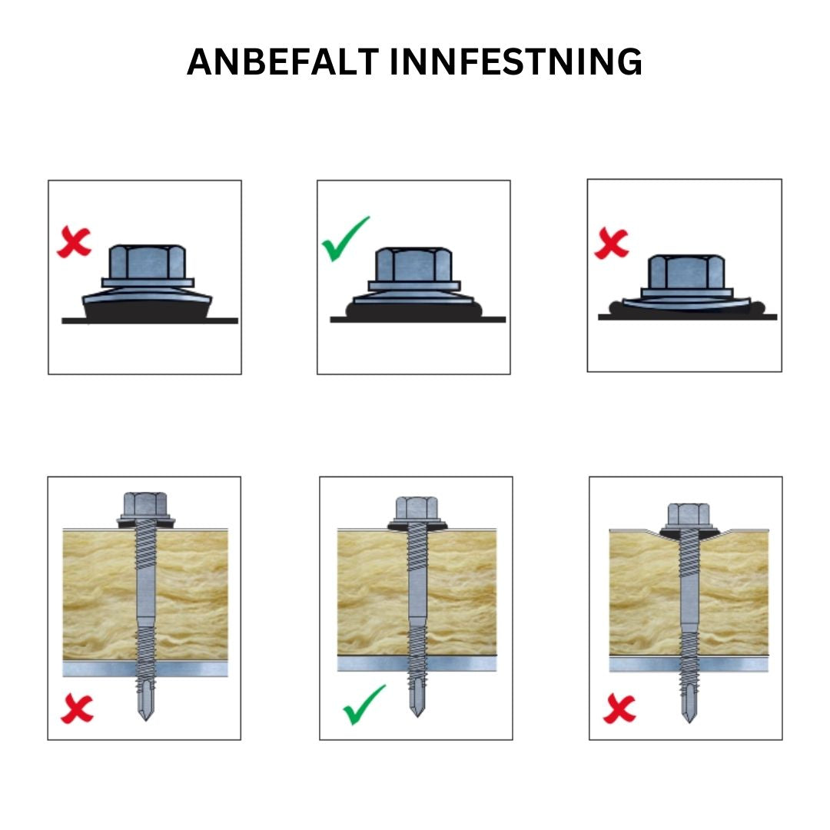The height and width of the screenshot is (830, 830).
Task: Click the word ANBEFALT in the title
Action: coord(284,61)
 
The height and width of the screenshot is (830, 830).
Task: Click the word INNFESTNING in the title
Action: coord(516,61)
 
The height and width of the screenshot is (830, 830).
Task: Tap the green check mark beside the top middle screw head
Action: coord(344,239)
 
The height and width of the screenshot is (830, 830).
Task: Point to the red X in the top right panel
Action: coord(612,244)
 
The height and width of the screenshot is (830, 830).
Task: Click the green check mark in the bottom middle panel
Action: coord(364,705)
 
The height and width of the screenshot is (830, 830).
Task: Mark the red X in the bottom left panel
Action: coord(77,709)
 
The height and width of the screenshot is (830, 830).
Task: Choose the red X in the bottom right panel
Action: coord(619,709)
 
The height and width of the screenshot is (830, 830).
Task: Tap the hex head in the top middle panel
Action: coord(413,265)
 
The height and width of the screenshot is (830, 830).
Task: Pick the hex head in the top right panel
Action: coord(686,271)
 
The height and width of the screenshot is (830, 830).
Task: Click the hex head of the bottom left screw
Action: coord(145,504)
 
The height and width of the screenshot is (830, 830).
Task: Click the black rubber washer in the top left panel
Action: coord(147,310)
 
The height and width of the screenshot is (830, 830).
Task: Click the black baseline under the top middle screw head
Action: coord(417,319)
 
